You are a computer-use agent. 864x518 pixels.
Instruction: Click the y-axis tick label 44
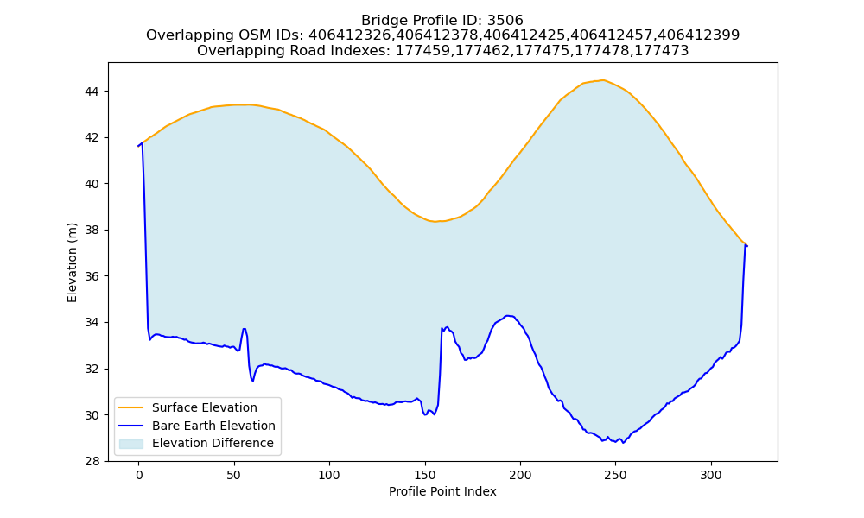point(92,91)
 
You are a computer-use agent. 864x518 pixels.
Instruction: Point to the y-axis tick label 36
point(92,276)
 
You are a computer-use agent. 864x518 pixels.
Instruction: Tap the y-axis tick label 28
point(92,461)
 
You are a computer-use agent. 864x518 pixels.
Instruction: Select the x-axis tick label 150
point(425,476)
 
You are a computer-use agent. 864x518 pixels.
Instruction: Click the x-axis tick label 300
point(711,476)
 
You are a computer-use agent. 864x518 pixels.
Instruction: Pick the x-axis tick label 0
point(139,476)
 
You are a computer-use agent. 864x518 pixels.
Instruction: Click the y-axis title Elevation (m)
point(72,262)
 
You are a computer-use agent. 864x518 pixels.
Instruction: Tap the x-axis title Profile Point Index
point(442,491)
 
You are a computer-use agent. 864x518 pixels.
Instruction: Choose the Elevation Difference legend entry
point(196,443)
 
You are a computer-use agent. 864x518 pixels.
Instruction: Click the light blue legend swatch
point(131,444)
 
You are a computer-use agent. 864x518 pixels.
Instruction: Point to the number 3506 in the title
point(505,21)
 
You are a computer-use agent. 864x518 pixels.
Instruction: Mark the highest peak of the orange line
point(603,80)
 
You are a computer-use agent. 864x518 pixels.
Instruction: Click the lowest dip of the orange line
point(435,221)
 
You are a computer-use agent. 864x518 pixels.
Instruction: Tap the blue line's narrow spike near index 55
point(244,329)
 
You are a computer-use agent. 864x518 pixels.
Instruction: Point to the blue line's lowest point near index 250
point(623,443)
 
